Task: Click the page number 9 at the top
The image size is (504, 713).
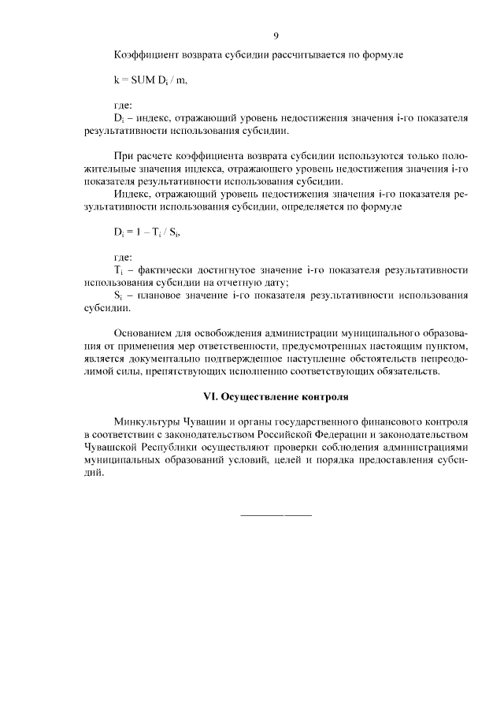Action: tap(276, 35)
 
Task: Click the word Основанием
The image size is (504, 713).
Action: tap(142, 332)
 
